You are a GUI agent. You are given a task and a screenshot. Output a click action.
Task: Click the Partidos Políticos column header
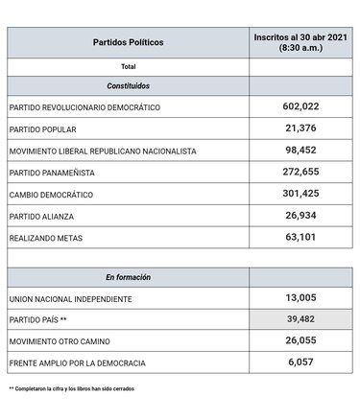click(x=128, y=43)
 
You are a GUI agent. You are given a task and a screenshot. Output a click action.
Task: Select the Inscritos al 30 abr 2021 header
click(x=300, y=42)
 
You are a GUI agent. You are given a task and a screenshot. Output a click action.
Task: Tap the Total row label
click(x=128, y=67)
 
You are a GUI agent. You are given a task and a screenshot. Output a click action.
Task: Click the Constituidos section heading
click(x=128, y=85)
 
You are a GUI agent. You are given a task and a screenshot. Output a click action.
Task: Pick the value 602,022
click(x=300, y=106)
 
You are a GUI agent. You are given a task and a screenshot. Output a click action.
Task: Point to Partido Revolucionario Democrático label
click(x=84, y=107)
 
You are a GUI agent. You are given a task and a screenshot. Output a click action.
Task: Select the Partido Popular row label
click(x=43, y=128)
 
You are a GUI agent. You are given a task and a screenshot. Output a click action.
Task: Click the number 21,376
click(x=300, y=128)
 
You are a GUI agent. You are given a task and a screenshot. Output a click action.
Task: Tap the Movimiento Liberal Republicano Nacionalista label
click(x=102, y=151)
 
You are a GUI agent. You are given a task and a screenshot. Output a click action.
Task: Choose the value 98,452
click(x=300, y=150)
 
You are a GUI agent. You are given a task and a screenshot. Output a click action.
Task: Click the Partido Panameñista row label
click(x=56, y=172)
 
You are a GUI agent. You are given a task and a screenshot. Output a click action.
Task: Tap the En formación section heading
click(x=128, y=277)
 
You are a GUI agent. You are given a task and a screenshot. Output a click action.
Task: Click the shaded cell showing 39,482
click(x=300, y=320)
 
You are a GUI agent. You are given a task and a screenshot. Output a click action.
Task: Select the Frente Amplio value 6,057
click(x=300, y=363)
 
